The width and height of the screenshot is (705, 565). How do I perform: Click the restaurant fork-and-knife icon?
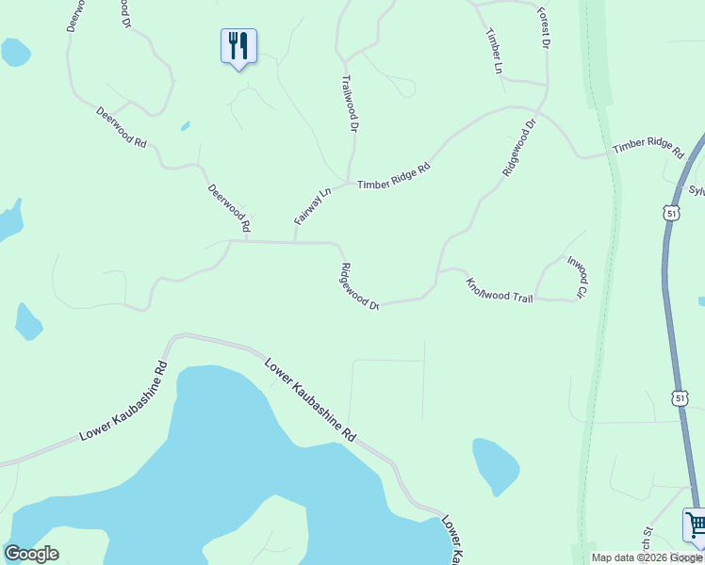coord(238,44)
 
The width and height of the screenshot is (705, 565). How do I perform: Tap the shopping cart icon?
coord(696,525)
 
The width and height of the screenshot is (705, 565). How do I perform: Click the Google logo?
coord(31,554)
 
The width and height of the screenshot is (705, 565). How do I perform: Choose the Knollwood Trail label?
coord(500,290)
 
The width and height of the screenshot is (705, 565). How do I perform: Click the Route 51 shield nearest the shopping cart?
coord(681,399)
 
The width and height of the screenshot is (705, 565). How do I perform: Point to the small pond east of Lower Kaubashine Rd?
coord(496,464)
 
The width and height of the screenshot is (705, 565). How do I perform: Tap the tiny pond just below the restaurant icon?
coord(185,125)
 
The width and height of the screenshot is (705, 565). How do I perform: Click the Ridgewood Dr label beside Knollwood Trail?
coord(359,286)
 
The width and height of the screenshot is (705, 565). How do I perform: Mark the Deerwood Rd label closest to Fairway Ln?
coord(229,208)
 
